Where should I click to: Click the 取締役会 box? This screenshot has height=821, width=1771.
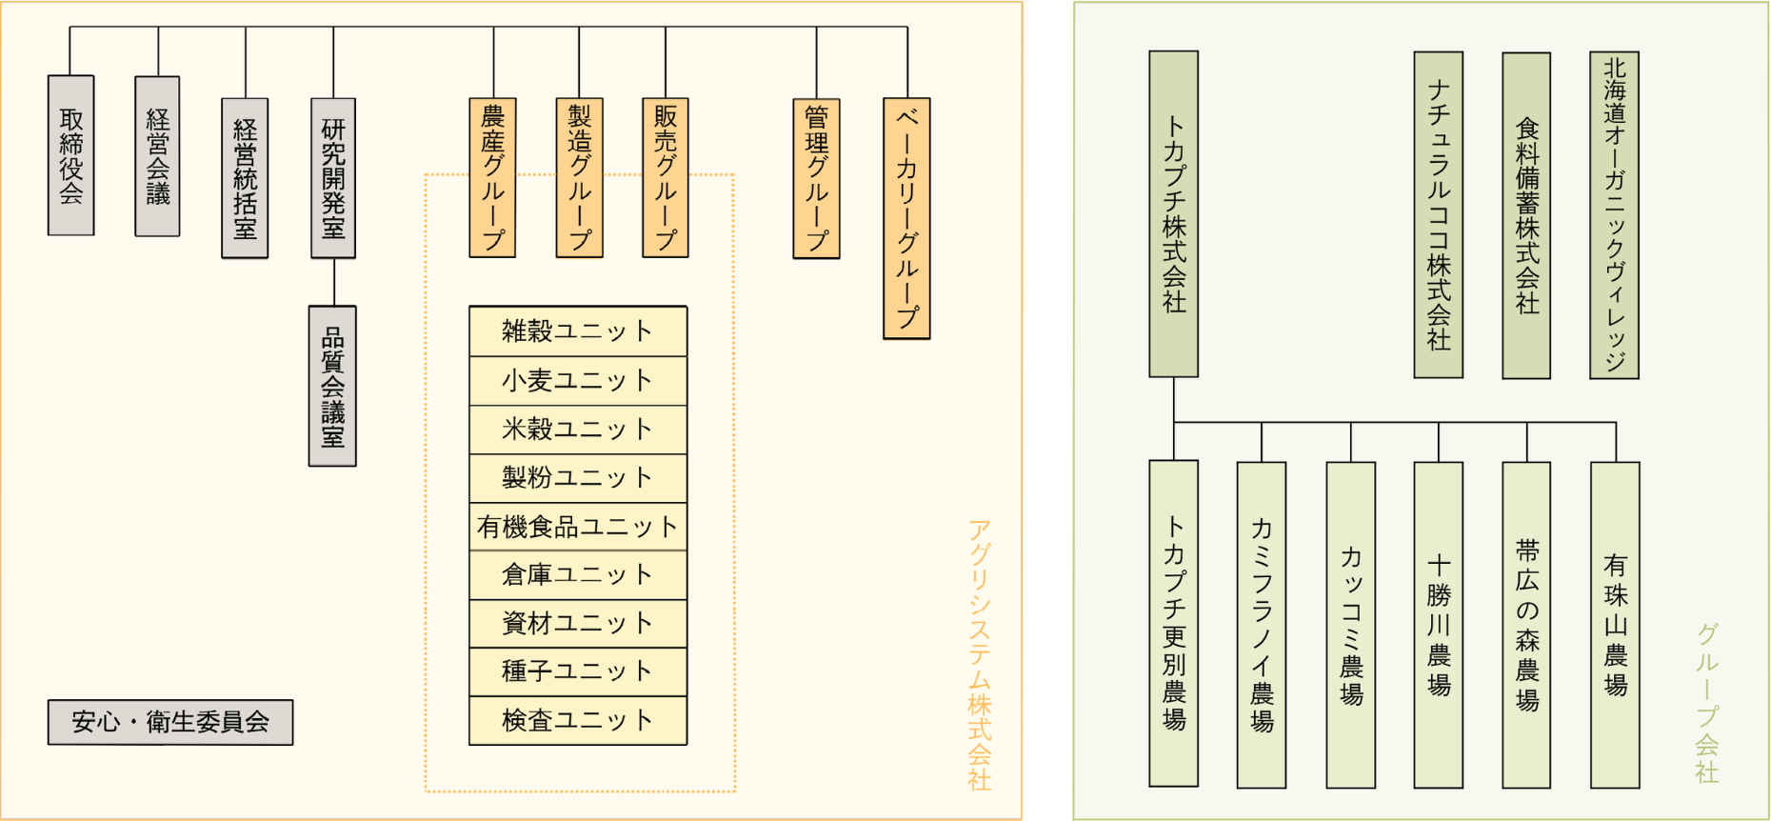pyautogui.click(x=71, y=155)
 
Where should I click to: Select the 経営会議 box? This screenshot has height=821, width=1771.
pyautogui.click(x=157, y=156)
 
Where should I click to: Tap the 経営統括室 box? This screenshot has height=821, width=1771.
pyautogui.click(x=245, y=178)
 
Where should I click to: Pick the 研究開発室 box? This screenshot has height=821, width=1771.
pyautogui.click(x=333, y=178)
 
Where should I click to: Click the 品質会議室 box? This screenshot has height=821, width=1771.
pyautogui.click(x=332, y=386)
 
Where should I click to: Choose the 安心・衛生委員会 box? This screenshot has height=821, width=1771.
pyautogui.click(x=170, y=722)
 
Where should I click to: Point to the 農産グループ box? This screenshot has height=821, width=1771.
pyautogui.click(x=492, y=178)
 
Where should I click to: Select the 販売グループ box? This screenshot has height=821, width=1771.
pyautogui.click(x=666, y=178)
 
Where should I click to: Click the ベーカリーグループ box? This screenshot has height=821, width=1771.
pyautogui.click(x=906, y=218)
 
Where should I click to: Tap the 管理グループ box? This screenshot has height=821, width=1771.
pyautogui.click(x=816, y=178)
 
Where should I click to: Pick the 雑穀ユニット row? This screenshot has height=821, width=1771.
pyautogui.click(x=578, y=331)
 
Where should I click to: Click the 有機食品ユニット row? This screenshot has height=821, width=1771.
pyautogui.click(x=578, y=527)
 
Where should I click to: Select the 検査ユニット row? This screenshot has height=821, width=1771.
pyautogui.click(x=578, y=721)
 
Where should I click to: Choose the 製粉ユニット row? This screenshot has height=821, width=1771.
pyautogui.click(x=578, y=478)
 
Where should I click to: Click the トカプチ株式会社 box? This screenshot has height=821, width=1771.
pyautogui.click(x=1174, y=214)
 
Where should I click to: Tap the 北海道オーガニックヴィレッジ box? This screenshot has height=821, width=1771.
pyautogui.click(x=1614, y=215)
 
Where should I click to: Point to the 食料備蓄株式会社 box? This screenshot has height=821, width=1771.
pyautogui.click(x=1526, y=215)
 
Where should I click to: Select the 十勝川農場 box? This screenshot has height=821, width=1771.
pyautogui.click(x=1439, y=625)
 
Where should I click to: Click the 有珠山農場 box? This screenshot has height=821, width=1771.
pyautogui.click(x=1615, y=625)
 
